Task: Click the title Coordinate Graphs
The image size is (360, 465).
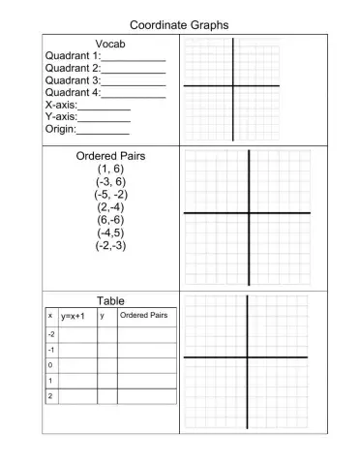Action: click(x=179, y=25)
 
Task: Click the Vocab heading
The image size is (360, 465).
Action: click(x=110, y=45)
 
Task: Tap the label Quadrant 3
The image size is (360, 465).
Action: click(x=72, y=80)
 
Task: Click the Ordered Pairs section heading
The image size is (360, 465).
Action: click(x=110, y=156)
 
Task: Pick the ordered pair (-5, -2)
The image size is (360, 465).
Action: click(x=110, y=194)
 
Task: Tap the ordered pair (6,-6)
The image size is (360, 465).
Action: click(x=110, y=219)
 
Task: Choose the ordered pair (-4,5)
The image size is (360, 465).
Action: click(x=110, y=232)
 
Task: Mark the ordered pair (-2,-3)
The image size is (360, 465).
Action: click(x=110, y=245)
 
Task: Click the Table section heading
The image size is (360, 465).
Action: click(x=110, y=301)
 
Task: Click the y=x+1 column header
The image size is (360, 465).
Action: click(x=74, y=316)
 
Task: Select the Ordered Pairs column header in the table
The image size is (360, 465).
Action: click(x=143, y=315)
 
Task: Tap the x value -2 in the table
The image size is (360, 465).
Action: click(x=50, y=333)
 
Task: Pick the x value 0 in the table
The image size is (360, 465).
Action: click(x=50, y=365)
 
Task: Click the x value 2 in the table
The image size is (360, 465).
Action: click(x=50, y=396)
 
